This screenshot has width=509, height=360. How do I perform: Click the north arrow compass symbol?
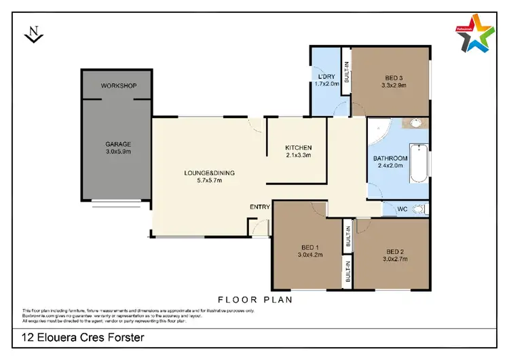click(31, 33)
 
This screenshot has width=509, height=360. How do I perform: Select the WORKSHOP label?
click(119, 86)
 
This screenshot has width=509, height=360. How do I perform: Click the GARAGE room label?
click(117, 144)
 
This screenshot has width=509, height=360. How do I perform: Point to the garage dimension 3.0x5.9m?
click(117, 152)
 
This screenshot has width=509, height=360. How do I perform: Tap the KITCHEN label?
click(298, 147)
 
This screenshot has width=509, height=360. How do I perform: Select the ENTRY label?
click(260, 207)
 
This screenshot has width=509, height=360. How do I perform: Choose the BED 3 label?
click(390, 77)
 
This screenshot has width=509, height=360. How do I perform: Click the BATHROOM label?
click(390, 159)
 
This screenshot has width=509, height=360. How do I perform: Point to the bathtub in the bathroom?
click(419, 164)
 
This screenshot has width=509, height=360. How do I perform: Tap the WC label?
click(402, 209)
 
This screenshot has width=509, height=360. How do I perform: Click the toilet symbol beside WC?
click(421, 209)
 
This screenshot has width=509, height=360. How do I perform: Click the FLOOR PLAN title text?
click(254, 299)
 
